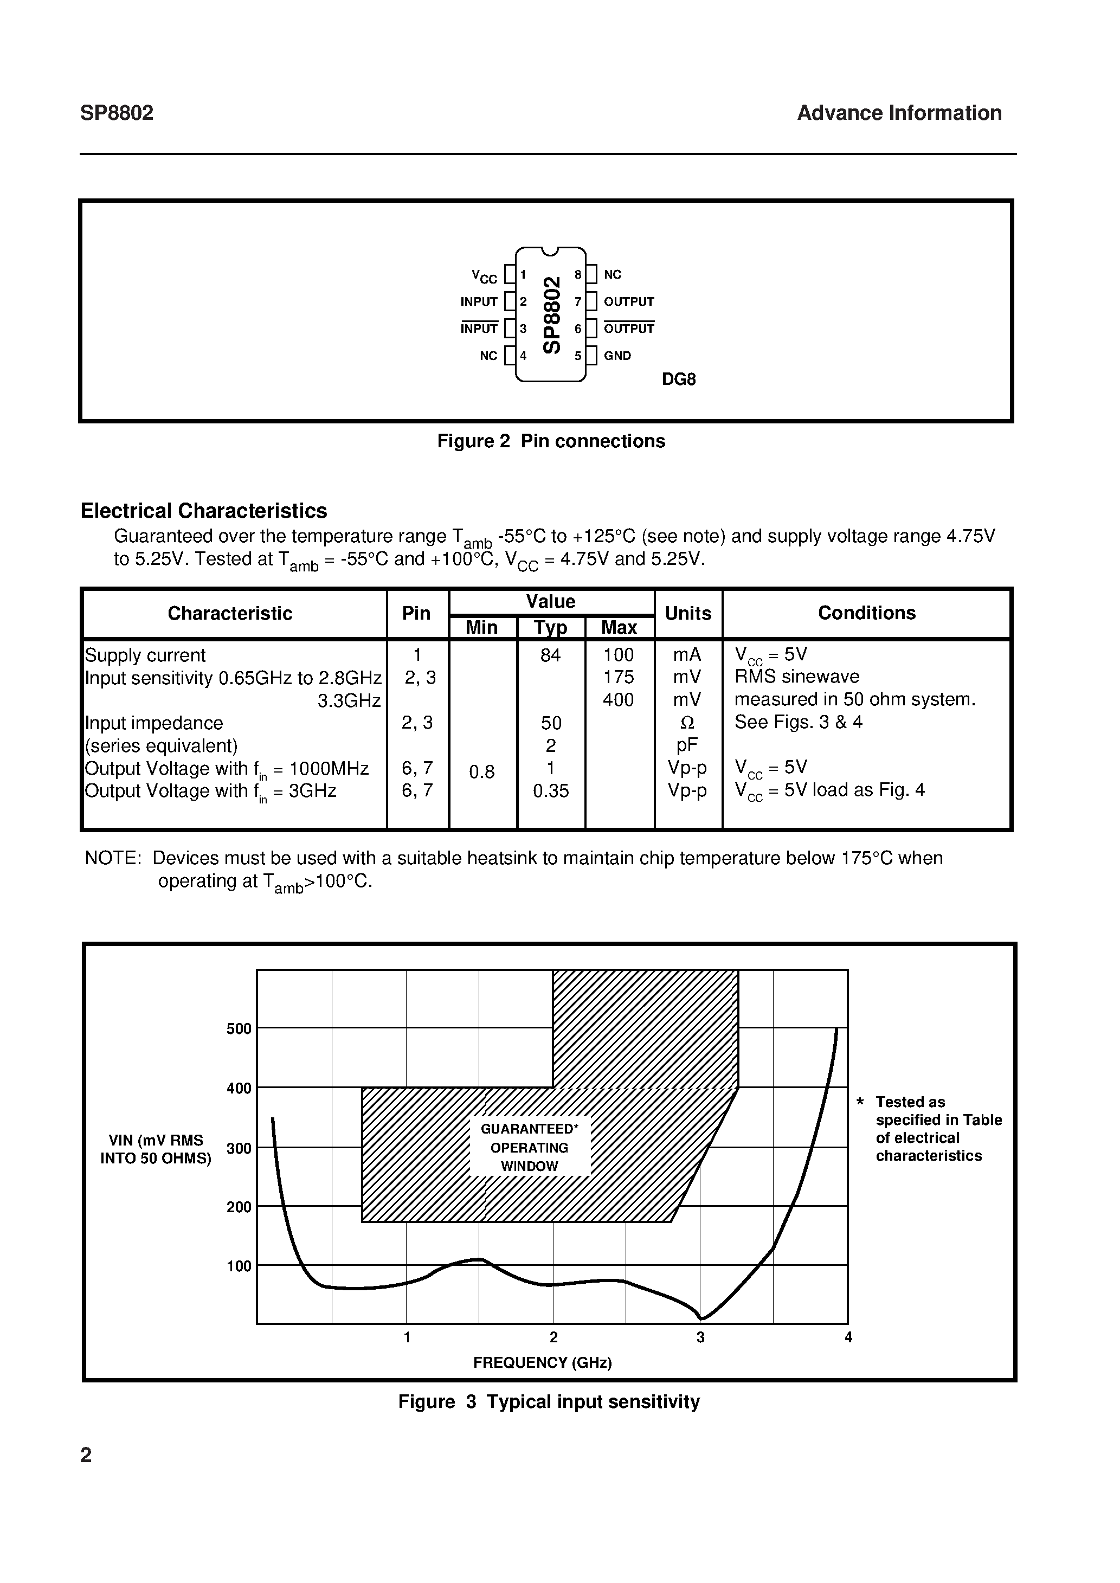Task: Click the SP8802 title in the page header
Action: point(117,113)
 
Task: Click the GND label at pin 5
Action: point(617,356)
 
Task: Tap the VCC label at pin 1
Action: point(484,276)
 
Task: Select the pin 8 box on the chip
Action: point(591,274)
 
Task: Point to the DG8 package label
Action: point(679,380)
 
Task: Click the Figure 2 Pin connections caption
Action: point(551,441)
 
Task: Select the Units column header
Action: point(687,614)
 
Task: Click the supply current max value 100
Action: point(618,655)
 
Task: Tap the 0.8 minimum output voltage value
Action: point(481,772)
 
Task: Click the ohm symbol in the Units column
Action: point(687,723)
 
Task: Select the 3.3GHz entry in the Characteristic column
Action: point(349,701)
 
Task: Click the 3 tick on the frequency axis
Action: point(701,1337)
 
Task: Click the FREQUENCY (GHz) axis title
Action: point(542,1363)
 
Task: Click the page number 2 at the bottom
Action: point(86,1456)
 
